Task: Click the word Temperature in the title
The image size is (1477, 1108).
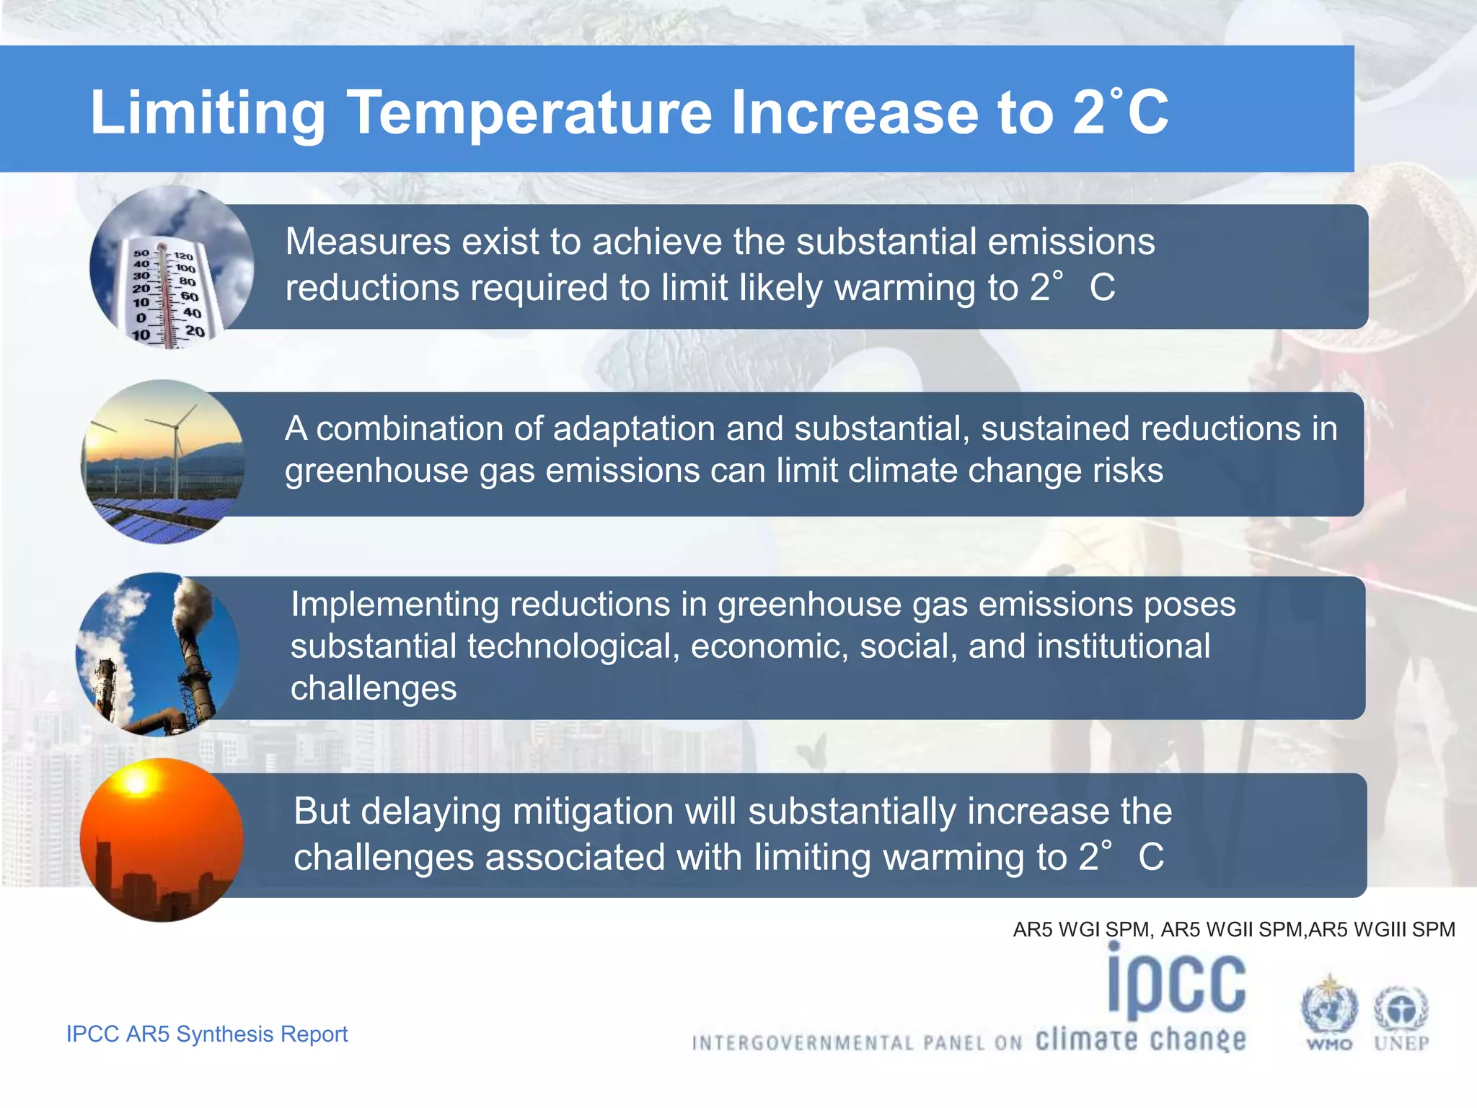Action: point(530,113)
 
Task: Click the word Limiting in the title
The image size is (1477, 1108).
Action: point(208,114)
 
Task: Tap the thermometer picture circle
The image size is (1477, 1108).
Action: point(171,268)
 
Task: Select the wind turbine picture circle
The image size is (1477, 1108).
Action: point(163,462)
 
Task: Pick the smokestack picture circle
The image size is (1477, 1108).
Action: point(157,654)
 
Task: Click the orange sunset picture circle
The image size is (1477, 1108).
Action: point(162,840)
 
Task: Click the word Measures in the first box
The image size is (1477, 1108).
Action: point(367,242)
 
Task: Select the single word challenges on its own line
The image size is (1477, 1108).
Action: point(374,688)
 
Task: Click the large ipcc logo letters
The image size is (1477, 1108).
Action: point(1177,981)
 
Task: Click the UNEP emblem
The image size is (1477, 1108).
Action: point(1401,1013)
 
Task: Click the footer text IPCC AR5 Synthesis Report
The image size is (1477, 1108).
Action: point(207,1034)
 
